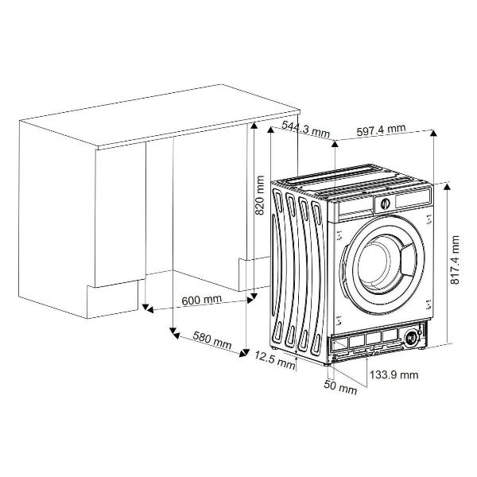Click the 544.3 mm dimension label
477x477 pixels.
click(305, 130)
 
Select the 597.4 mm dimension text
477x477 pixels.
click(381, 130)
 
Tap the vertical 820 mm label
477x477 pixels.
click(259, 195)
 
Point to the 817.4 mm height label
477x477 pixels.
click(455, 259)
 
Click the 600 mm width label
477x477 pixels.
click(201, 300)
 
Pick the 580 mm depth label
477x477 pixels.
click(212, 340)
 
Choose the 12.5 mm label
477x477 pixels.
click(275, 359)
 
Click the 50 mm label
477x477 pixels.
click(340, 386)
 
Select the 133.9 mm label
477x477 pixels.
click(394, 374)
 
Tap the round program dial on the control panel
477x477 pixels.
click(385, 204)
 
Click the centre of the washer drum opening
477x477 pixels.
click(374, 263)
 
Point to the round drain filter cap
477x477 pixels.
click(412, 338)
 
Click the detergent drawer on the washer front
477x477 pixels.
click(355, 211)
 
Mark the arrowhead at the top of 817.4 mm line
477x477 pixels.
click(447, 187)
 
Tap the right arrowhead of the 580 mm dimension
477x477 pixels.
click(242, 354)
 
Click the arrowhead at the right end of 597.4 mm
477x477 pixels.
click(433, 134)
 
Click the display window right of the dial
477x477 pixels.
click(412, 199)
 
